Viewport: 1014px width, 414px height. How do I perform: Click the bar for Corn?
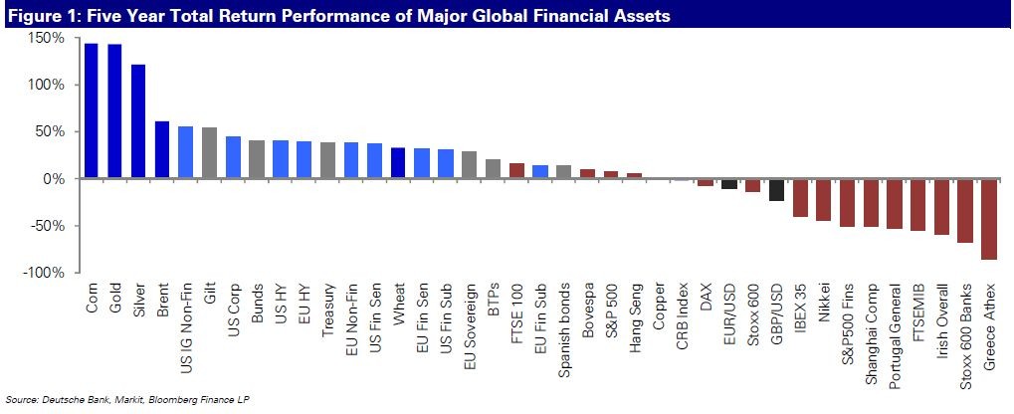coord(91,110)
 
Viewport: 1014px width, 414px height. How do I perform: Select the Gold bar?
coord(114,110)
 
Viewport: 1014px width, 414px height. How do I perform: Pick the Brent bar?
coord(161,149)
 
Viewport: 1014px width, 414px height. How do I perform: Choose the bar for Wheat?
coord(398,163)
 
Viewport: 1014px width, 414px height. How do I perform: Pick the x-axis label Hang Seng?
coord(636,317)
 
